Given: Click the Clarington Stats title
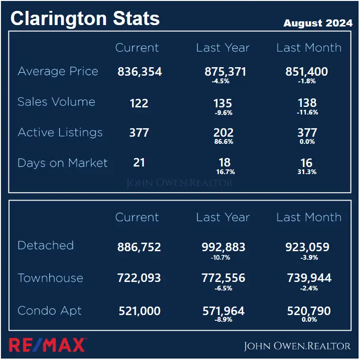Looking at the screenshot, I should (85, 18).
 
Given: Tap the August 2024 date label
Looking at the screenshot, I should (317, 23).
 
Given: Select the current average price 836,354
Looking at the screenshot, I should (140, 72).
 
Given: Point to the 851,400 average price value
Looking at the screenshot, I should (307, 72).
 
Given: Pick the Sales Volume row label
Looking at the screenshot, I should (56, 102).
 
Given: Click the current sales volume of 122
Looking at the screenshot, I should (139, 103).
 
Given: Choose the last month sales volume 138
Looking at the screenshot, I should (307, 103).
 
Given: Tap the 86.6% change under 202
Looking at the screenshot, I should (224, 141).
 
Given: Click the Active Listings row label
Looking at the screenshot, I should (60, 132).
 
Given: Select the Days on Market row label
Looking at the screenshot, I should (62, 163).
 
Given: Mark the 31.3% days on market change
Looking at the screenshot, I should (307, 172).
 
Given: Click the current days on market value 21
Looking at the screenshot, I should (139, 163).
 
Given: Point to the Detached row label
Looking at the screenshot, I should (45, 246).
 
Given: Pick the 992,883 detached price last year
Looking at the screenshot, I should (223, 247).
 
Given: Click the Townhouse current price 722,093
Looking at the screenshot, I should (139, 278).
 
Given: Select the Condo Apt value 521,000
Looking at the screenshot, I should (139, 311).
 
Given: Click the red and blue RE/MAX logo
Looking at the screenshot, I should (47, 345).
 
